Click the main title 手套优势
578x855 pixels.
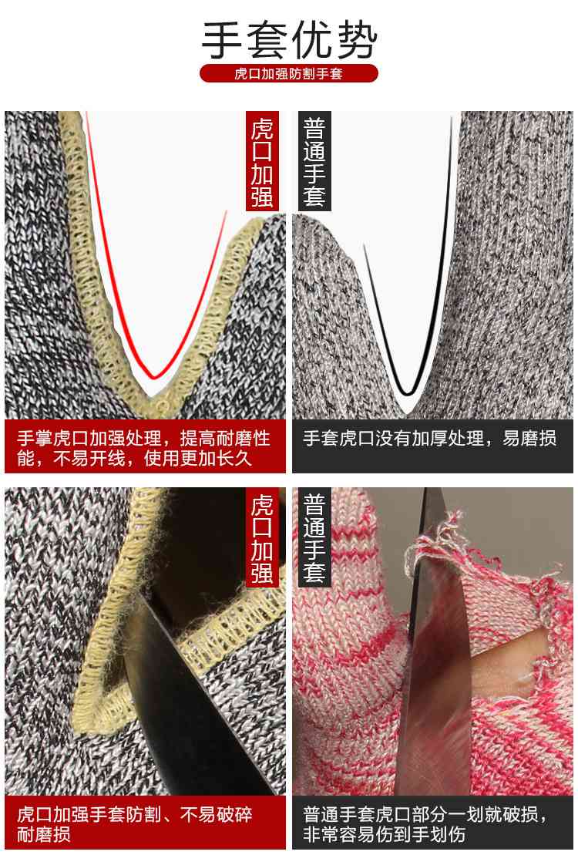289,40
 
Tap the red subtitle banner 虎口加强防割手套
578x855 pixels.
289,74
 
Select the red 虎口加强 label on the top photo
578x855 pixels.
262,162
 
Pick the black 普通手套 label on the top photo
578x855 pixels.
314,162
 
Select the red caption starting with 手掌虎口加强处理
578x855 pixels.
145,448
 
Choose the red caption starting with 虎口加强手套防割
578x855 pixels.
145,824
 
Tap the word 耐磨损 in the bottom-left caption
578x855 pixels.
44,835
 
